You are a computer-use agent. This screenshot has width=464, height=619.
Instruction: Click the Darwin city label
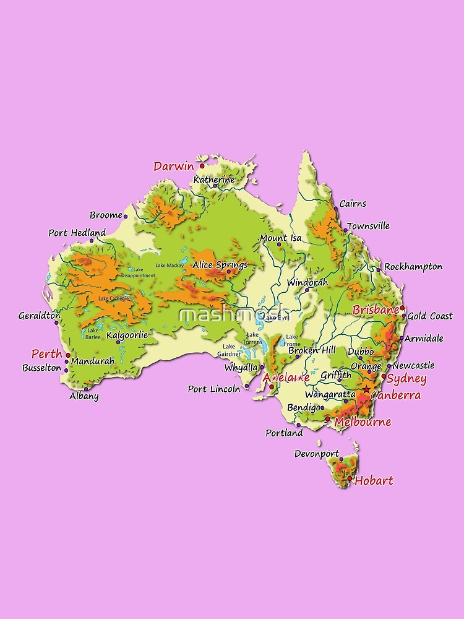pos(173,166)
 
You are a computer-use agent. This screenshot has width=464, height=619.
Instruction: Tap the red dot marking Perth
pos(68,355)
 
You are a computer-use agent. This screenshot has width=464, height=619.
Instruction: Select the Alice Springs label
pos(220,265)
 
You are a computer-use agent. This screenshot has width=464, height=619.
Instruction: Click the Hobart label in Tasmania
pos(374,480)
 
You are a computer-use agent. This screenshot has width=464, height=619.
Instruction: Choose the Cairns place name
pos(353,204)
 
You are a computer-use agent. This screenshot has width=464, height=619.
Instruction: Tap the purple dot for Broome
pos(126,216)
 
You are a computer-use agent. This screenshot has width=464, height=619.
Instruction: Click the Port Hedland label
pos(77,233)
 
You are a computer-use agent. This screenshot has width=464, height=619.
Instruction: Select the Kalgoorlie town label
pos(127,335)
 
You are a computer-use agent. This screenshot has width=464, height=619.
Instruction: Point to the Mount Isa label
pos(280,238)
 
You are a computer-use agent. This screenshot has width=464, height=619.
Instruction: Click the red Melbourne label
pos(363,422)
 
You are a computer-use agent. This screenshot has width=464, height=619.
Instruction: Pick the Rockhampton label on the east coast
pos(413,267)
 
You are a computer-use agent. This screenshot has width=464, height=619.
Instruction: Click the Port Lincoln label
pos(214,389)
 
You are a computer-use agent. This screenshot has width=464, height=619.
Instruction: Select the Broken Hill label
pos(312,350)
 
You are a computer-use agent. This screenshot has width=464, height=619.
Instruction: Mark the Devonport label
pos(316,454)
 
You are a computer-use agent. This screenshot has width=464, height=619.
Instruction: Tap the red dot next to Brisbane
pos(402,308)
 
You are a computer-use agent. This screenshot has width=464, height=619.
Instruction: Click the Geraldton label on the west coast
pos(39,315)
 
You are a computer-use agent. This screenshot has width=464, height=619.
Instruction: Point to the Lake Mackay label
pos(170,266)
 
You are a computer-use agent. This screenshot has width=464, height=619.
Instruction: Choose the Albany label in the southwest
pos(84,396)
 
